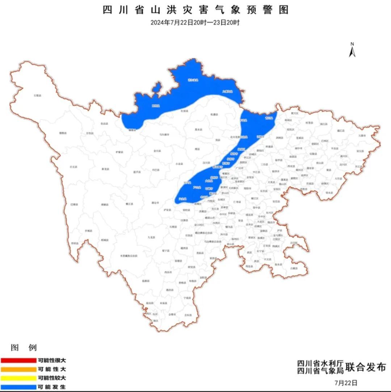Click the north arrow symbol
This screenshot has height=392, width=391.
[352, 50]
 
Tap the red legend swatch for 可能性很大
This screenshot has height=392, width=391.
[18, 360]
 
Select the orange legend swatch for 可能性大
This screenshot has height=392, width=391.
[18, 369]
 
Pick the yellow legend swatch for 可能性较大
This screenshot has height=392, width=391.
[18, 378]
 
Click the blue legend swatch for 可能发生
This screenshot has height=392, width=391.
[18, 387]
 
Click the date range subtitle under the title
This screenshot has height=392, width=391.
[195, 22]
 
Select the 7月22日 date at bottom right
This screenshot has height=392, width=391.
[346, 383]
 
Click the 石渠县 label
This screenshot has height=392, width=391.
[37, 95]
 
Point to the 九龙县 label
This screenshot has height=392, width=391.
[151, 237]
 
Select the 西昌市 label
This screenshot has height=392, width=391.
[168, 271]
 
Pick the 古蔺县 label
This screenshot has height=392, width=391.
[294, 268]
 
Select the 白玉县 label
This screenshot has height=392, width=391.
[73, 167]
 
